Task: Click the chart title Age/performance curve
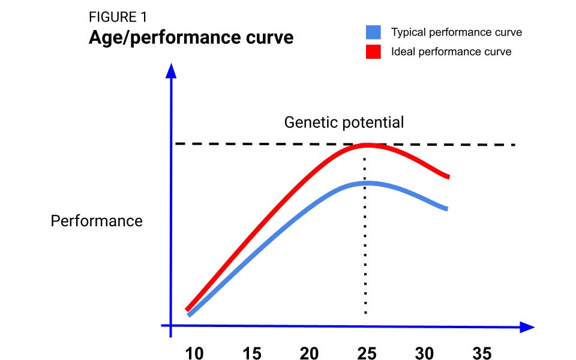click(x=191, y=38)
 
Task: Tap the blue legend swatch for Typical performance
click(x=372, y=32)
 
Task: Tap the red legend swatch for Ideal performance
click(x=372, y=51)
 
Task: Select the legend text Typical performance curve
click(x=456, y=32)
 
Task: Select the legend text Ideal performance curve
click(x=451, y=51)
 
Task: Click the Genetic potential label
click(x=344, y=122)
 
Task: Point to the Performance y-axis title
click(x=97, y=221)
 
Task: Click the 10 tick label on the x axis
click(x=194, y=353)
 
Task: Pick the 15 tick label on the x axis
click(x=252, y=353)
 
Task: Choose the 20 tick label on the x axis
click(x=309, y=353)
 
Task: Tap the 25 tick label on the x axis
click(x=367, y=353)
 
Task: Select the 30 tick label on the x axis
click(x=424, y=353)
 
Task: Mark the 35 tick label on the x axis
click(x=482, y=353)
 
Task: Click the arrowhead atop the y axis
click(x=172, y=71)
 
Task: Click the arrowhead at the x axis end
click(x=526, y=327)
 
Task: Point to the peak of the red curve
click(x=366, y=145)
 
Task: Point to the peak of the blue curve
click(x=366, y=182)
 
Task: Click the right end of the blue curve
click(x=446, y=208)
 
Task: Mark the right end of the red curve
click(x=448, y=176)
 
